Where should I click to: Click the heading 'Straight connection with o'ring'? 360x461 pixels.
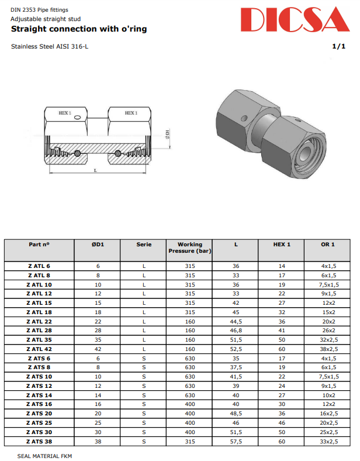click(79, 29)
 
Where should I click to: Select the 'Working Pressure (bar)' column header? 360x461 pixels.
click(189, 247)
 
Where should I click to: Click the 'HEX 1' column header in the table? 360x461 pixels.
click(282, 244)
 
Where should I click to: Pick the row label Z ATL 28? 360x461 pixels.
click(39, 331)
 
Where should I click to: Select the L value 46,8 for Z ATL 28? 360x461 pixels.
click(236, 331)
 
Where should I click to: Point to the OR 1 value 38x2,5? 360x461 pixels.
click(328, 349)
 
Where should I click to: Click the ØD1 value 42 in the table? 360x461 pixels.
click(98, 349)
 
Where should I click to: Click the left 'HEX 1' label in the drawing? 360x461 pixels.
click(65, 113)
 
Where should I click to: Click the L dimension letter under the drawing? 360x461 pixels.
click(95, 170)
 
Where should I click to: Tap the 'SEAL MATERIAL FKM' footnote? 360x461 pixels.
click(44, 455)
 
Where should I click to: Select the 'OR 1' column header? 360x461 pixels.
click(328, 244)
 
